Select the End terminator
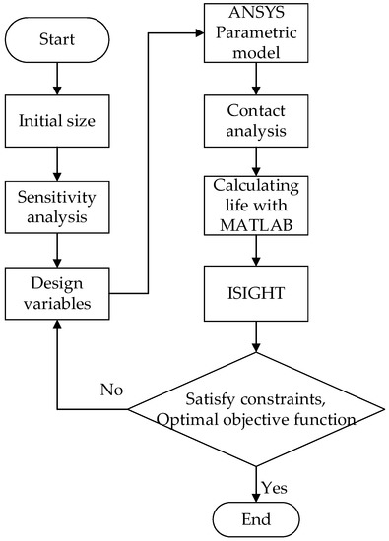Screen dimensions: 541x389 tap(257, 516)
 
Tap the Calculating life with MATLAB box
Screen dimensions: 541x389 tap(257, 205)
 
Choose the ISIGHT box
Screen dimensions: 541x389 tap(257, 291)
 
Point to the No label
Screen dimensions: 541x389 tap(112, 391)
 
